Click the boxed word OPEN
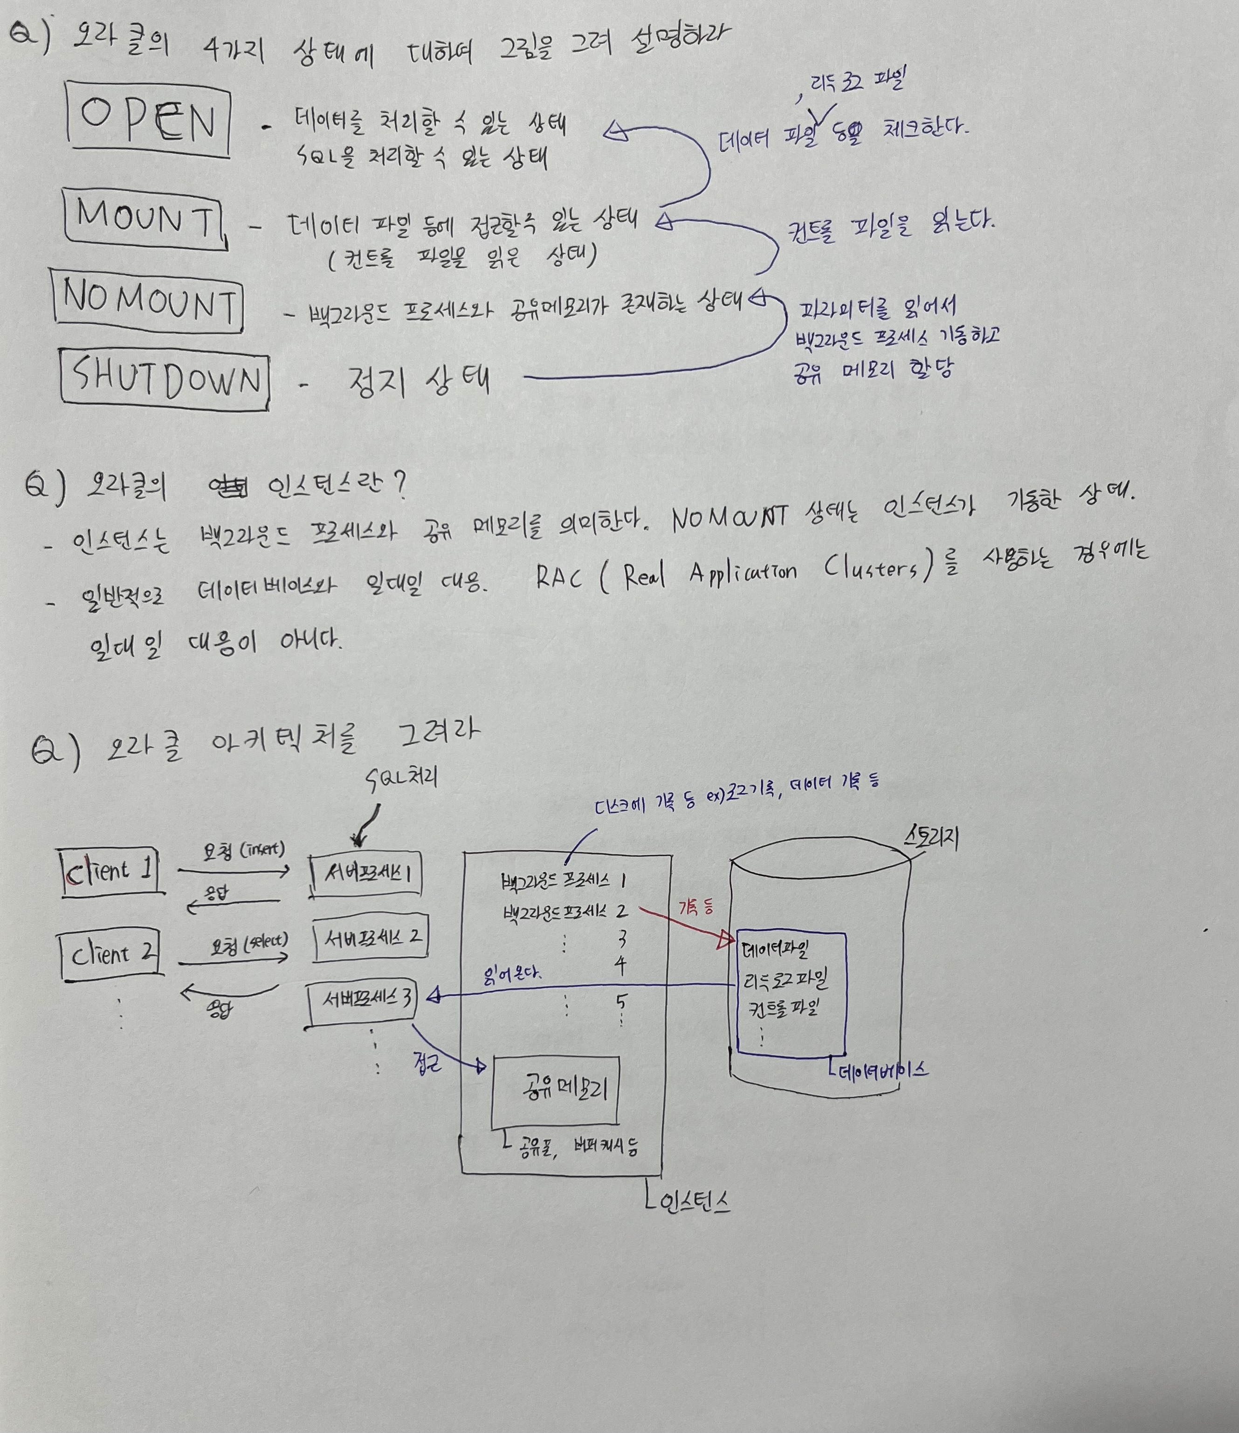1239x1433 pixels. coord(148,119)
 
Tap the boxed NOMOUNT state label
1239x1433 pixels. coord(148,302)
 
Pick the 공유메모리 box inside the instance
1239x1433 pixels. coord(555,1090)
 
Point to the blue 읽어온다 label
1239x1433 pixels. coord(512,975)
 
